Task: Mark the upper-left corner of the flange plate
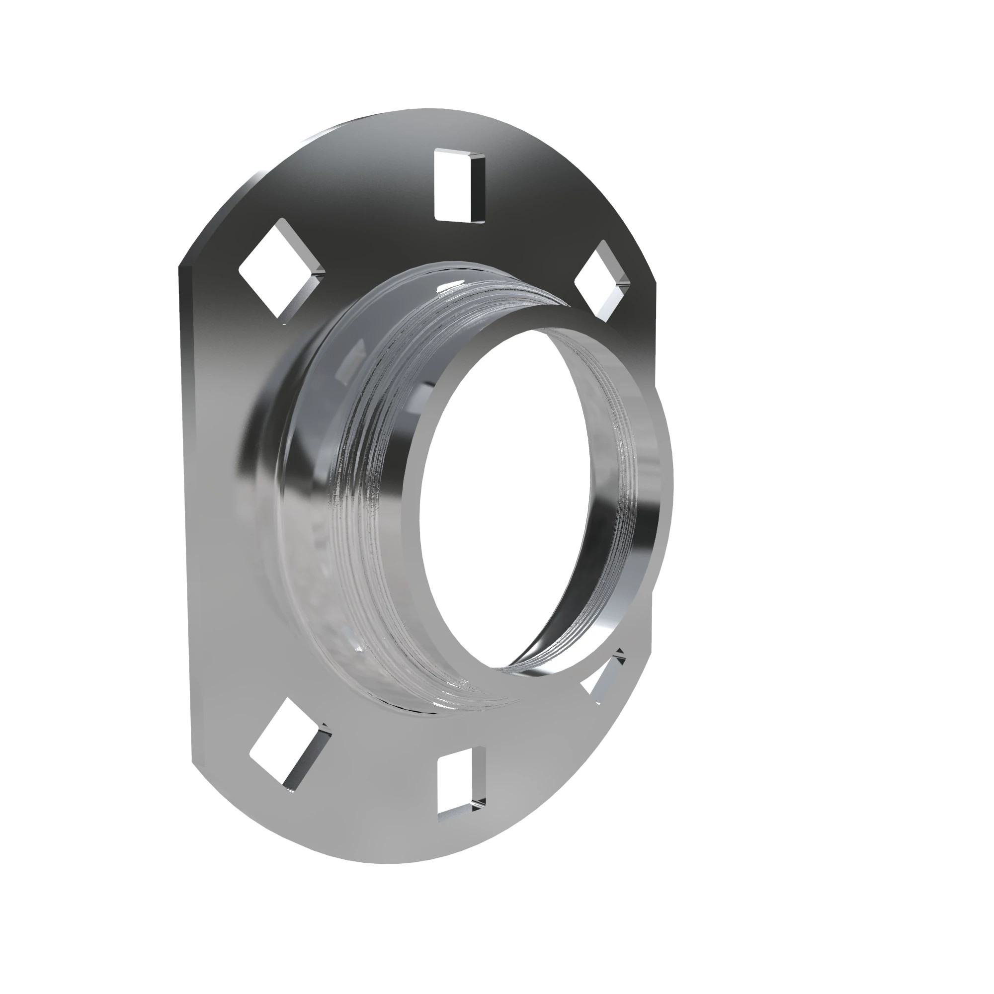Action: tap(180, 267)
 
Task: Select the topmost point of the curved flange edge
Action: tap(427, 109)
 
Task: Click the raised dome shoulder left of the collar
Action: tap(267, 463)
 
